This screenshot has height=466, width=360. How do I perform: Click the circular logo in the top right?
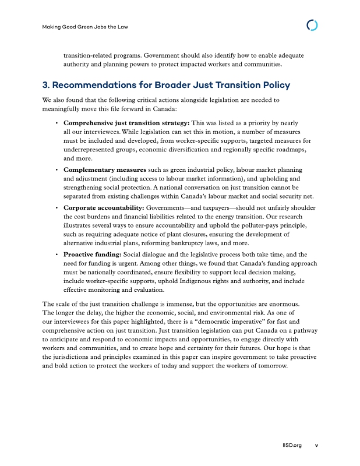pos(312,26)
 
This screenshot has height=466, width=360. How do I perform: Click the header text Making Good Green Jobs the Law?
pos(86,27)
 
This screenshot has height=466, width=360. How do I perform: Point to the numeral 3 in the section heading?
pos(47,85)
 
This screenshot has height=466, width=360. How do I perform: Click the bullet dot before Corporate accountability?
pos(56,208)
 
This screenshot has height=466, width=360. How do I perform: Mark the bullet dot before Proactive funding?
pos(56,255)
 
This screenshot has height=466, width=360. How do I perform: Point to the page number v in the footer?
pos(316,446)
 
